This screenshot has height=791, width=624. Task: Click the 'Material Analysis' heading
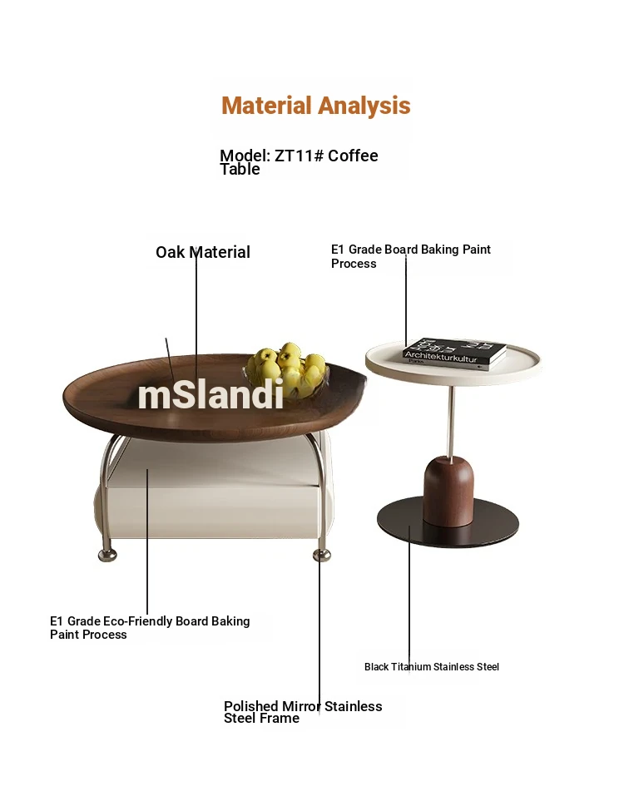pos(316,106)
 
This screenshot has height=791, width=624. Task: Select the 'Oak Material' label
pos(203,252)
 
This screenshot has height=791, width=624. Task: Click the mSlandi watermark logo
pos(210,394)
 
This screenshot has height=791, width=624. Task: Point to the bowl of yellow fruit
pos(287,370)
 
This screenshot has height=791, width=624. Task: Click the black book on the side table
pos(454,353)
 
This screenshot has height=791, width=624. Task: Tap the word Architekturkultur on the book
pos(441,357)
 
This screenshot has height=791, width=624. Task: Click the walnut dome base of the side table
pos(448,491)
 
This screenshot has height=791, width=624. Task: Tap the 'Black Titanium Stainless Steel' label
pos(431,667)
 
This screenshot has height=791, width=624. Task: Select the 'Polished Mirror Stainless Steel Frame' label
pos(303,712)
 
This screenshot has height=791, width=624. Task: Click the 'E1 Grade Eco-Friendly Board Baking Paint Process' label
pos(150,627)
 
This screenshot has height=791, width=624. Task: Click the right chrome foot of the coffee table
pos(322,556)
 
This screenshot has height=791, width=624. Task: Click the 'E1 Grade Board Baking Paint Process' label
pos(411,256)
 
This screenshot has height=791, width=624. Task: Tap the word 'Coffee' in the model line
pos(353,156)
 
